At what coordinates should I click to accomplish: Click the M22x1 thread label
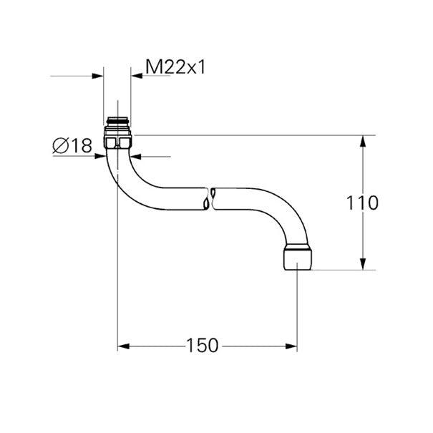click(175, 67)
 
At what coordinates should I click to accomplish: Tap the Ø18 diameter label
click(72, 145)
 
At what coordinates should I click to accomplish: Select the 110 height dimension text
click(362, 203)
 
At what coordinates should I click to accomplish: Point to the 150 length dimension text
click(203, 346)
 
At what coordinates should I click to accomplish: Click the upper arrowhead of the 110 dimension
click(363, 141)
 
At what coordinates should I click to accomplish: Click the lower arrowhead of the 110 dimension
click(363, 264)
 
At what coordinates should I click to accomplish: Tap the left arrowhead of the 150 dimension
click(123, 346)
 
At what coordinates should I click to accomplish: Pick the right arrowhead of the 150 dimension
click(291, 346)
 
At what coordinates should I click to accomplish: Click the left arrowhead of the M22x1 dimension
click(97, 76)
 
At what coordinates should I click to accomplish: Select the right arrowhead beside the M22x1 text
click(137, 76)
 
